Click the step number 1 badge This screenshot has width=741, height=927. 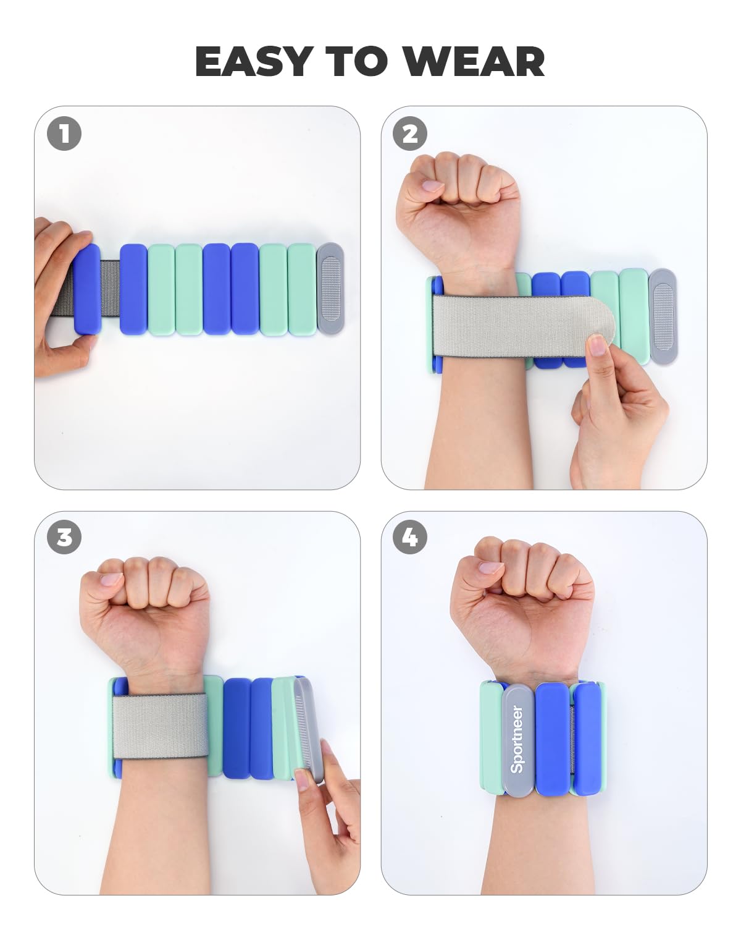click(64, 133)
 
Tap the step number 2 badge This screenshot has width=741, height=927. click(410, 133)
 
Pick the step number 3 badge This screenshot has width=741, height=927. click(64, 536)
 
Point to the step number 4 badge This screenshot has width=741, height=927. click(410, 536)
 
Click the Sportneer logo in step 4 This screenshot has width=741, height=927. click(517, 740)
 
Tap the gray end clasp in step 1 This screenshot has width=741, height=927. click(331, 289)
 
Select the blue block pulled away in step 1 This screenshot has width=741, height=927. click(88, 289)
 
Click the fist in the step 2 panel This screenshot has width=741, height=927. click(459, 208)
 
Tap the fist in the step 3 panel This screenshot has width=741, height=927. click(144, 612)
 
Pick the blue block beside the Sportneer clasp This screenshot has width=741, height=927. click(553, 739)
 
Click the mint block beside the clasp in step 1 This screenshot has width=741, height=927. click(301, 289)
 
